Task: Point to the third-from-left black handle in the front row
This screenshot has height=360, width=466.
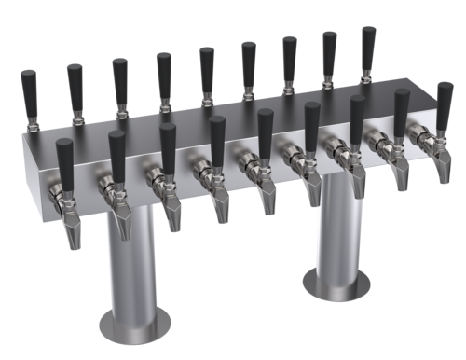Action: (168, 141)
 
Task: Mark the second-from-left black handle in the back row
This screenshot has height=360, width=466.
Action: (75, 82)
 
